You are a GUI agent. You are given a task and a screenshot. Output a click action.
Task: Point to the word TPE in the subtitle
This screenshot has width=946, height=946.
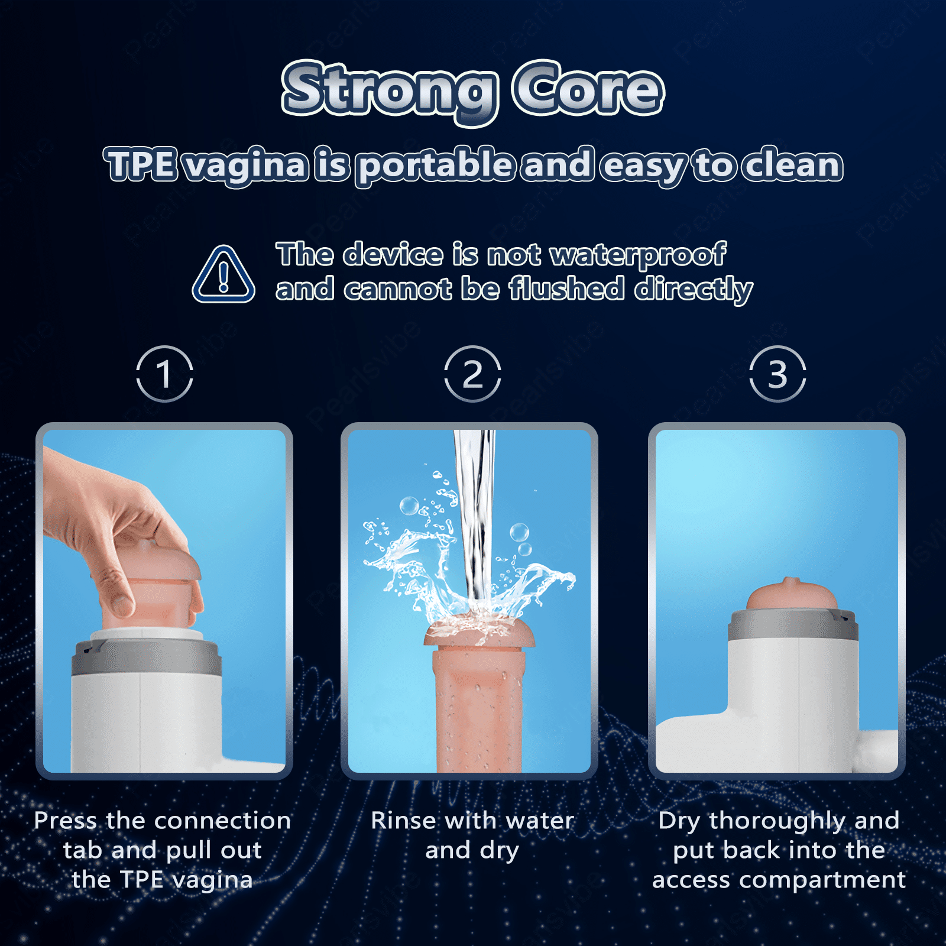tap(140, 164)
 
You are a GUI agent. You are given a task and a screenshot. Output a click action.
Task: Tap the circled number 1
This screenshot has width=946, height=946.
tap(164, 374)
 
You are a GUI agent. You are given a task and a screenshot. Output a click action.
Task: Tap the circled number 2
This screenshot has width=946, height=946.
tap(472, 374)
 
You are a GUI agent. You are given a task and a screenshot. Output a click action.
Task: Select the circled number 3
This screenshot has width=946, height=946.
tap(777, 374)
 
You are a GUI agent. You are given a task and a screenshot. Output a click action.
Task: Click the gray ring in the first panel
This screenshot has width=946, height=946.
tap(147, 656)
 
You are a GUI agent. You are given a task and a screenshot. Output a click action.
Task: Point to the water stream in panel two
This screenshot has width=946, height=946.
tap(475, 520)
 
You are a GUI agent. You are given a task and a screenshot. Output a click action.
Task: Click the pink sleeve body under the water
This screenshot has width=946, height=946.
tap(478, 710)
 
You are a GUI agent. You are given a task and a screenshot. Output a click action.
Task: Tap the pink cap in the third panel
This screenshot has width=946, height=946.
tap(792, 594)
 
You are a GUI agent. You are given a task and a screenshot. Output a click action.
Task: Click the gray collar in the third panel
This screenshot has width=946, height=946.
tap(793, 624)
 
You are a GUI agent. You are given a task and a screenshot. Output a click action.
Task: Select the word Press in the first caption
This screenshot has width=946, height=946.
tap(66, 821)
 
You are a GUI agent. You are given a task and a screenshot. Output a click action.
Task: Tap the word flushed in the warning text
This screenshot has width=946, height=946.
tap(568, 289)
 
